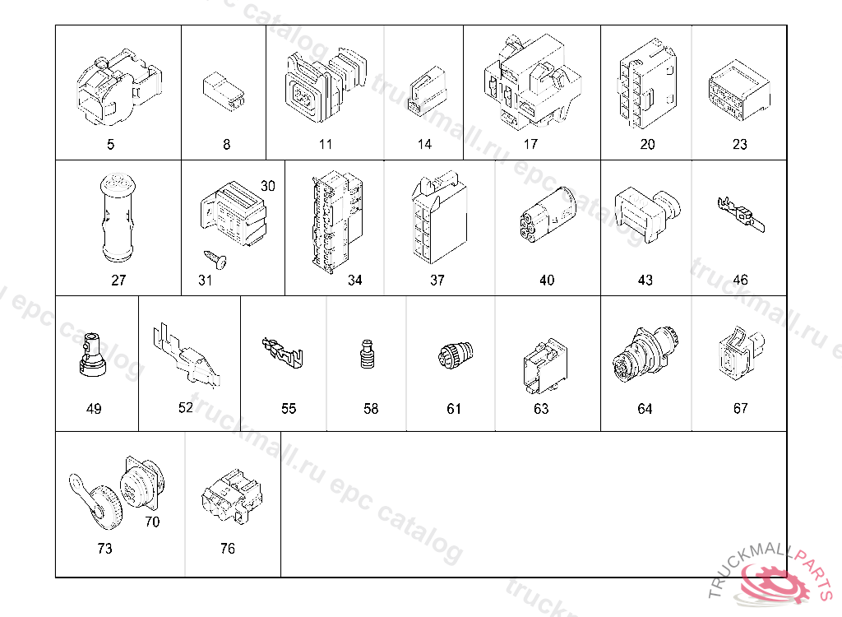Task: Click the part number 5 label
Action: click(110, 144)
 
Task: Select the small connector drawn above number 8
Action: click(224, 92)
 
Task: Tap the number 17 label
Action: click(530, 144)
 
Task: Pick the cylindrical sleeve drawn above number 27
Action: click(118, 218)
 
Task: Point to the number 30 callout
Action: click(267, 186)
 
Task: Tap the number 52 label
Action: click(185, 407)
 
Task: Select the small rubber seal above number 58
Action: click(367, 355)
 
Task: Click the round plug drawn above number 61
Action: click(456, 355)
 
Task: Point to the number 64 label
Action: click(645, 409)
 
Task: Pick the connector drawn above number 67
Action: click(741, 353)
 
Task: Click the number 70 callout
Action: click(152, 522)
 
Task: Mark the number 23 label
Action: click(739, 144)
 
